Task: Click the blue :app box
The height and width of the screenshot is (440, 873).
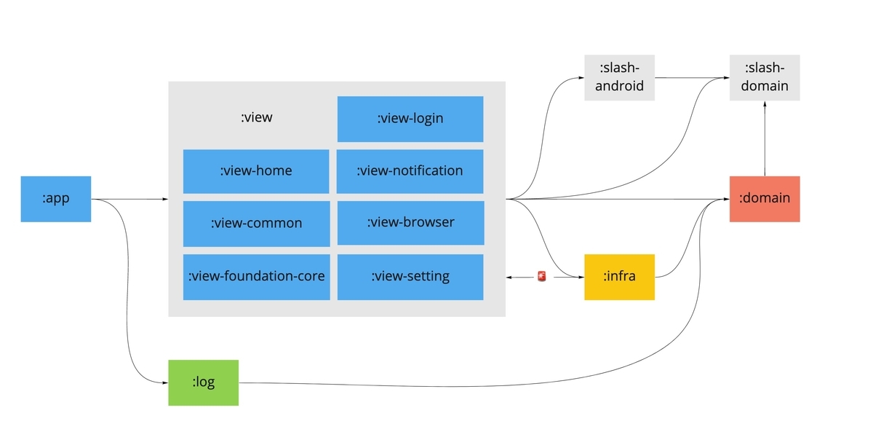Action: [56, 199]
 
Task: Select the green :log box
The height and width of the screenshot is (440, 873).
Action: [204, 382]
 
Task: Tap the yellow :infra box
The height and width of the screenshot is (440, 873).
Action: [619, 277]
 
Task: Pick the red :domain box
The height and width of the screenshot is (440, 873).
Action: [765, 199]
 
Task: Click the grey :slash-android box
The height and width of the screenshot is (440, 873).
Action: [619, 77]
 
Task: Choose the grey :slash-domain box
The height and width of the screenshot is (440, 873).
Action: [765, 77]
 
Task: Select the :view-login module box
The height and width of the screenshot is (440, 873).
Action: [410, 119]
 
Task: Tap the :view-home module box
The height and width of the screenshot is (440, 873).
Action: [256, 171]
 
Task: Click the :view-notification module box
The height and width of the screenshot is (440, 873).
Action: [410, 171]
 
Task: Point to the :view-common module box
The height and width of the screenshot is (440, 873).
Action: [256, 224]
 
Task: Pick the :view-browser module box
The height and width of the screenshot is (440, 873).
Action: [410, 222]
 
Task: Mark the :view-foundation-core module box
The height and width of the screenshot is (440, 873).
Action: [256, 277]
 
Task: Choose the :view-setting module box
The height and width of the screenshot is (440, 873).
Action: [410, 277]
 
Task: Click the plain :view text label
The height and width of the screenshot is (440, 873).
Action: [256, 117]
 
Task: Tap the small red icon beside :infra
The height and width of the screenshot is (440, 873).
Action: [541, 277]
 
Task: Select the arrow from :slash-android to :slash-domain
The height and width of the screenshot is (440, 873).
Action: [691, 77]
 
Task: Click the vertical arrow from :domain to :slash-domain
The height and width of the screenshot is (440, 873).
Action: [765, 138]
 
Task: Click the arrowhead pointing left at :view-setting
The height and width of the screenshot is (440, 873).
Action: [510, 277]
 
